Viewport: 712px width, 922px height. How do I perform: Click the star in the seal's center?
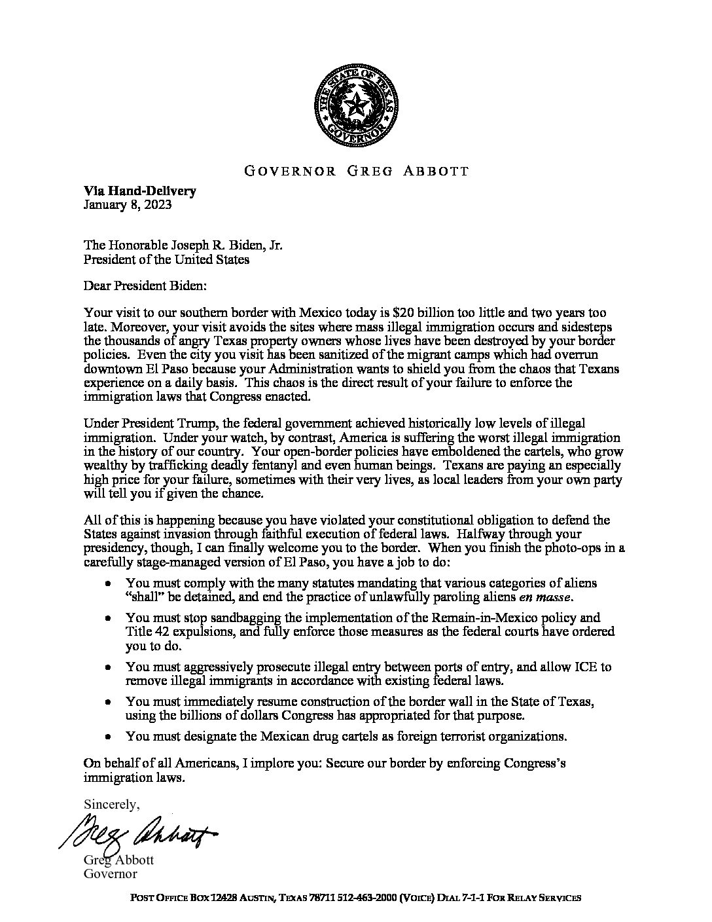coord(356,105)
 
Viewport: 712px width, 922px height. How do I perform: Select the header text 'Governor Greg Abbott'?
coord(356,172)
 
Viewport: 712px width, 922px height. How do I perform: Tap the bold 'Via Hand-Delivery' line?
coord(139,192)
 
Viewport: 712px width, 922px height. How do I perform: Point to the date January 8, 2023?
coord(128,204)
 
